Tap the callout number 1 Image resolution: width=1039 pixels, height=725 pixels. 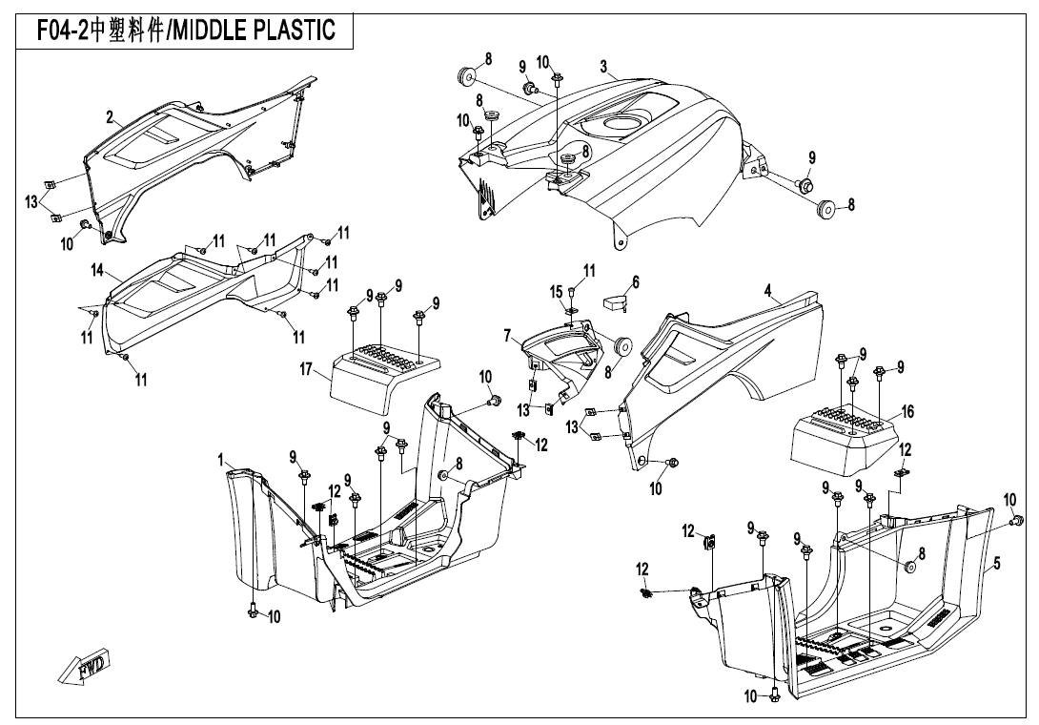point(221,460)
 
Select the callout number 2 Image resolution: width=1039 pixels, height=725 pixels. point(110,117)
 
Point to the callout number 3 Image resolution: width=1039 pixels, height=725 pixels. point(603,66)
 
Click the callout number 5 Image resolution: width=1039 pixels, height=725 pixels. point(996,564)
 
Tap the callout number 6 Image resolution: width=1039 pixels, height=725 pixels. point(636,281)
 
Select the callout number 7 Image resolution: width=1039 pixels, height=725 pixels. point(509,335)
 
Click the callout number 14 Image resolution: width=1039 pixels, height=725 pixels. point(97,271)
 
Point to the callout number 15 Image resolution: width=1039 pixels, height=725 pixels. point(556,291)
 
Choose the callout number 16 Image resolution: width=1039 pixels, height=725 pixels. point(907,411)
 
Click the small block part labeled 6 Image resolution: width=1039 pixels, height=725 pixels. point(615,302)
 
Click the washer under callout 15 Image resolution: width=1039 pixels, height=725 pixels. point(569,310)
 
